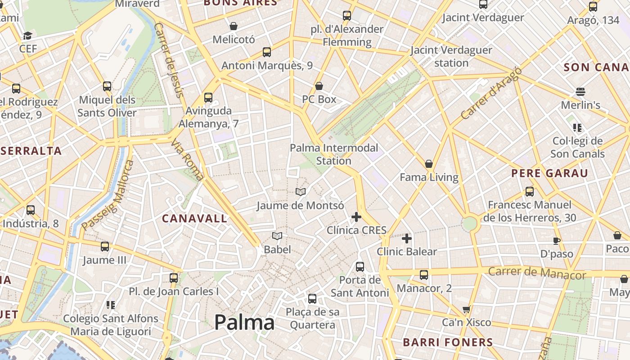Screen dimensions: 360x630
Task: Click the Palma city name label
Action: pyautogui.click(x=244, y=323)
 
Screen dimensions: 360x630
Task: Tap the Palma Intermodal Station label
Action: pyautogui.click(x=334, y=154)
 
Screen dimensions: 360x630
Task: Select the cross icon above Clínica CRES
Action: pyautogui.click(x=356, y=217)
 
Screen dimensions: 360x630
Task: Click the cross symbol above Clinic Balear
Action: pyautogui.click(x=407, y=238)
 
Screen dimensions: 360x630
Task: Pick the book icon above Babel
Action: pyautogui.click(x=277, y=236)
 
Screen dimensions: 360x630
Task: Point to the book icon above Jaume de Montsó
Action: pyautogui.click(x=301, y=192)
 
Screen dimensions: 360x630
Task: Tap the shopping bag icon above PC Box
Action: pyautogui.click(x=319, y=85)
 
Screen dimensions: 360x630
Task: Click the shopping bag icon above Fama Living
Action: pyautogui.click(x=429, y=164)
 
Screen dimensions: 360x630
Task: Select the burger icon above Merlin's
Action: pyautogui.click(x=580, y=92)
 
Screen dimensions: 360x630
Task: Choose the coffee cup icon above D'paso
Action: pyautogui.click(x=557, y=240)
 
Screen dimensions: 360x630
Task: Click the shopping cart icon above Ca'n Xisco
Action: pyautogui.click(x=467, y=309)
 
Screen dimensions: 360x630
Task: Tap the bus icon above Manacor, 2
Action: pyautogui.click(x=424, y=274)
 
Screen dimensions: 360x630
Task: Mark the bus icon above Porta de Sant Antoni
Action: pyautogui.click(x=360, y=266)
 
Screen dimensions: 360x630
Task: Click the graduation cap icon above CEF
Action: pyautogui.click(x=28, y=36)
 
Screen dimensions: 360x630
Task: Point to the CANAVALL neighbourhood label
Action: pyautogui.click(x=194, y=219)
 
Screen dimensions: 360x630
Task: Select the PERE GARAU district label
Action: pyautogui.click(x=549, y=173)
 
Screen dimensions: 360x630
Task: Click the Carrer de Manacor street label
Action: pyautogui.click(x=537, y=273)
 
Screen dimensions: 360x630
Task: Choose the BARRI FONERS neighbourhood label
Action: pyautogui.click(x=448, y=342)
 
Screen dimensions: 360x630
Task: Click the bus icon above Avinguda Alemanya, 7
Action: pyautogui.click(x=208, y=97)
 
